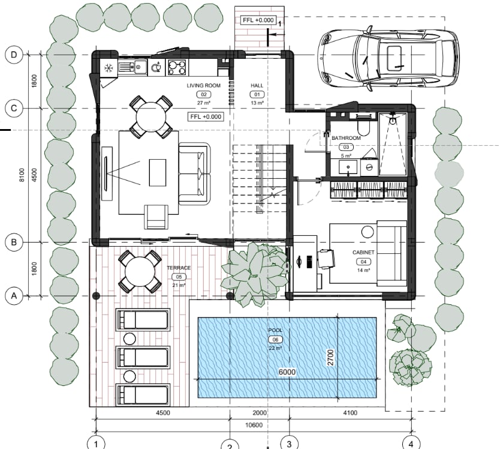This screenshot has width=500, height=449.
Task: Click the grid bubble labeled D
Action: (14, 55)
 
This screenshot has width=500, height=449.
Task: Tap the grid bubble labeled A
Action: (14, 296)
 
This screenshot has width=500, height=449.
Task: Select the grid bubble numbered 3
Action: (289, 444)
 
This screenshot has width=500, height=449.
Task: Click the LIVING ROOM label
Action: (203, 86)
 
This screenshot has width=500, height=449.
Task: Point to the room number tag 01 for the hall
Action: (257, 94)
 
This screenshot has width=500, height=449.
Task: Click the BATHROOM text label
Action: (346, 138)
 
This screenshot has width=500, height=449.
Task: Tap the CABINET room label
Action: (363, 252)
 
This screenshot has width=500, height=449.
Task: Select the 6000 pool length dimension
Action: (287, 372)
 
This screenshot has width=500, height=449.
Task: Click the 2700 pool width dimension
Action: (330, 358)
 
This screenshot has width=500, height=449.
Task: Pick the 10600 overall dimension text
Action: (254, 425)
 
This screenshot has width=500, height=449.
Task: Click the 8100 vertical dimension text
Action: (22, 175)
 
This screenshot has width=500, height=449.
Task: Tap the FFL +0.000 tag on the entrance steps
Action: (258, 20)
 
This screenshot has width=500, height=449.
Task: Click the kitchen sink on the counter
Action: (132, 67)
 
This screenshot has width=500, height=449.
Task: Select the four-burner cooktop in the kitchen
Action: (177, 67)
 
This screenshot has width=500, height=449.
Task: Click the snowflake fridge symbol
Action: (109, 68)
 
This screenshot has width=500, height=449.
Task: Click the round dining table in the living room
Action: (151, 117)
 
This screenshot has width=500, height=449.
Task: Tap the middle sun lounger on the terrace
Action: (143, 357)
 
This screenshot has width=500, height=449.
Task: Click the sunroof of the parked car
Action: (394, 58)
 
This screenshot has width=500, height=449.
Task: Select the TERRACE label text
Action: (179, 268)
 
